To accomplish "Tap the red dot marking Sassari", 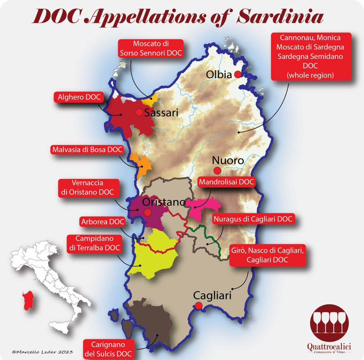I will [139, 112].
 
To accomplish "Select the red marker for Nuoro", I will [217, 170].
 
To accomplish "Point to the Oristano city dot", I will [147, 212].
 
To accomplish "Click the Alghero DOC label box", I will [79, 97].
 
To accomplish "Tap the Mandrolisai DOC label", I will [226, 182].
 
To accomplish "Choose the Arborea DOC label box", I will [102, 221].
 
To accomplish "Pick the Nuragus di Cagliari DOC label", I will [253, 219].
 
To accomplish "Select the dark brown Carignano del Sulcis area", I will [146, 320].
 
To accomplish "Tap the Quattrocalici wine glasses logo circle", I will [329, 322].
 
